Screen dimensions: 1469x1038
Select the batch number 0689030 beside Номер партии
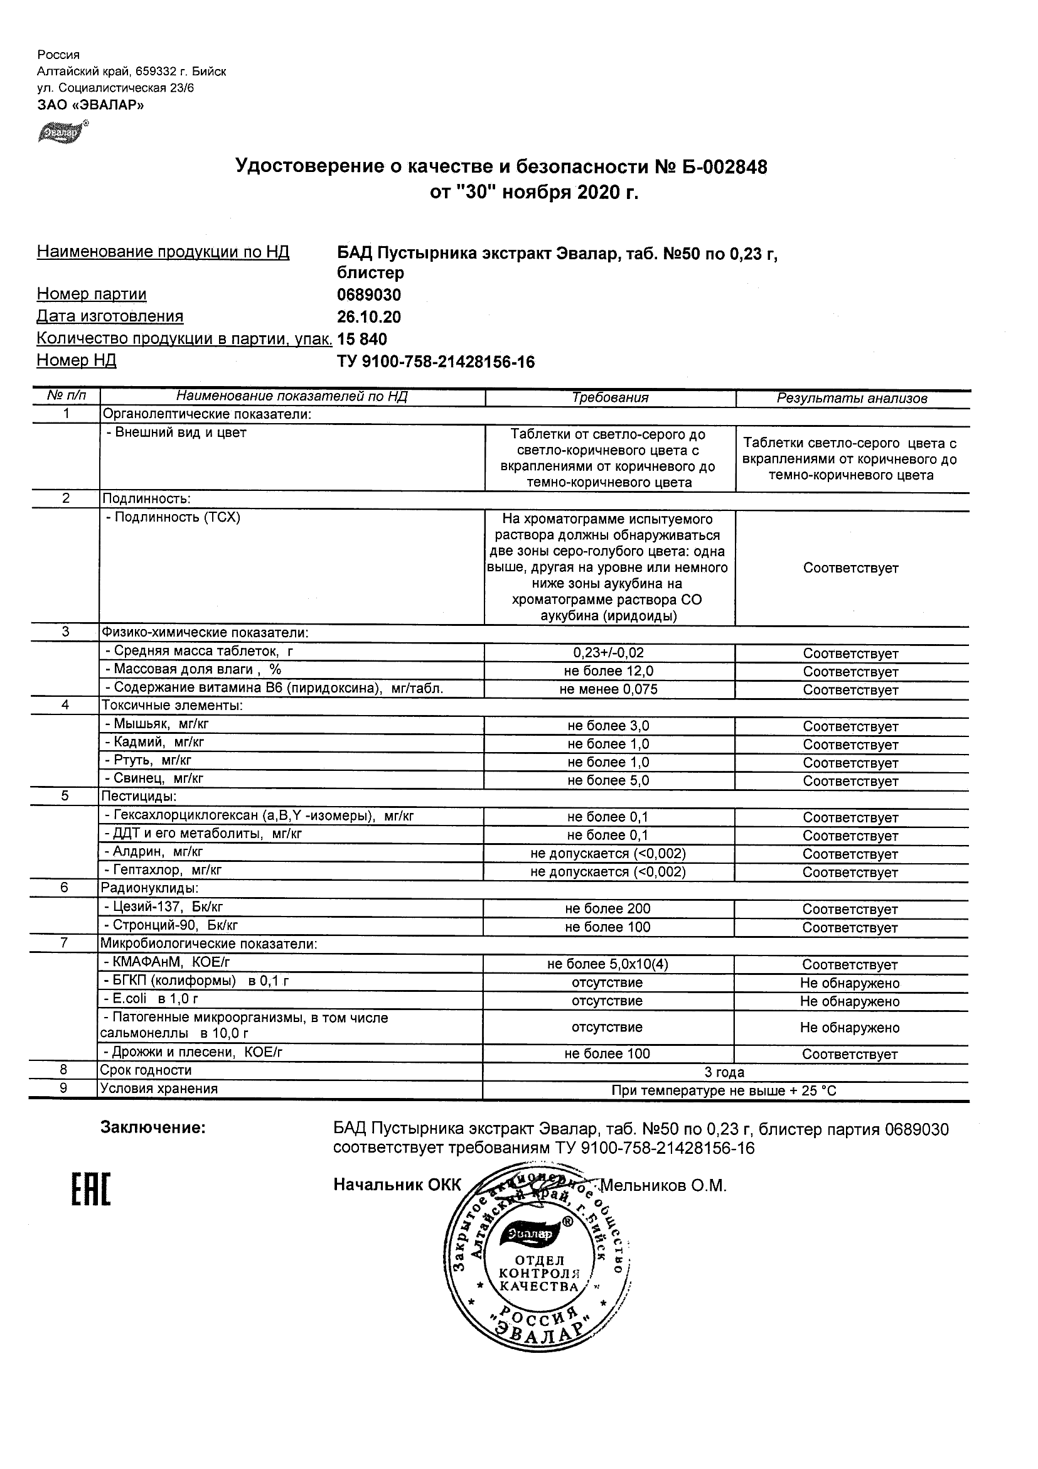369,295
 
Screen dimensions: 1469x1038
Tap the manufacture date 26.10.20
369,316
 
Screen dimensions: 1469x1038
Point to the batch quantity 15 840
362,338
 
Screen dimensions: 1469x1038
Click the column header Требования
610,397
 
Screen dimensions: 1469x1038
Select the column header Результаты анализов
852,398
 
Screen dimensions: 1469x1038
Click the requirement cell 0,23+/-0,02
608,653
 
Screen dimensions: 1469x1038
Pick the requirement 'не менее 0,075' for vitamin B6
608,689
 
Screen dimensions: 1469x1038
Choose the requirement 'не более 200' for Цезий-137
607,908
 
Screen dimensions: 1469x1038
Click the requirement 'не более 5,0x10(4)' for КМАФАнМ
607,964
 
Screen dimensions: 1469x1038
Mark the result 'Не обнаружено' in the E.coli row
849,1001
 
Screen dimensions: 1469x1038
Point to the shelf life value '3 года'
724,1072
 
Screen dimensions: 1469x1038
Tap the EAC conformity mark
90,1191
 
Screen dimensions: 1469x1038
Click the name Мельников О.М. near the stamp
665,1186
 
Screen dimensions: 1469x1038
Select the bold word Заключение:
153,1127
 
